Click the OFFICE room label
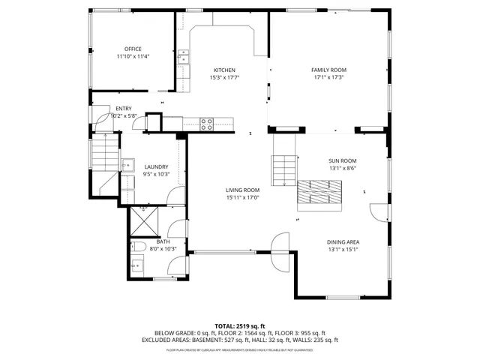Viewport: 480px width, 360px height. tap(133, 49)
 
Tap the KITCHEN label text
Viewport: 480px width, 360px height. tap(224, 70)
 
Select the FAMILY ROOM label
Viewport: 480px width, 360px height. tap(328, 70)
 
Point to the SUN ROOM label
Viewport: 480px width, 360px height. tap(342, 160)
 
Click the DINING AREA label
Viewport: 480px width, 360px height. tap(343, 241)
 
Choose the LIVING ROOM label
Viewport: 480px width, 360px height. tap(242, 190)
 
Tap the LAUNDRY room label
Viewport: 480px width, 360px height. tap(156, 166)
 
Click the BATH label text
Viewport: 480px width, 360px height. tap(163, 241)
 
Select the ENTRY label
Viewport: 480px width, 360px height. tap(124, 109)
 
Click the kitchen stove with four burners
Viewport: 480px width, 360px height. tap(207, 124)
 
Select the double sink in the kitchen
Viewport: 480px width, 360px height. tap(184, 57)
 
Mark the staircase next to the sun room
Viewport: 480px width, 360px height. tap(284, 169)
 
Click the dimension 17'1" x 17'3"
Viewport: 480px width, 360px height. tap(328, 77)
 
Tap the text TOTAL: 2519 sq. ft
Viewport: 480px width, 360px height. tap(240, 325)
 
